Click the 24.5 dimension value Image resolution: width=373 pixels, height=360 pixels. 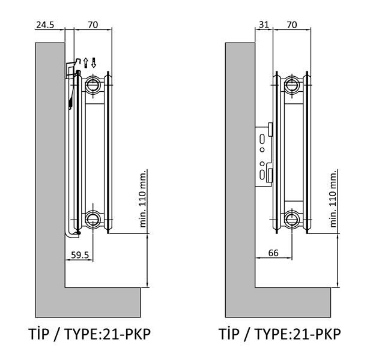tap(45, 25)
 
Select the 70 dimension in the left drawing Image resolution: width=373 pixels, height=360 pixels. tap(92, 25)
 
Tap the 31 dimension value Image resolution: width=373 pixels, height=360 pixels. tap(264, 25)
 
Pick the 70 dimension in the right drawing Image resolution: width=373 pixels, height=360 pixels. tap(292, 25)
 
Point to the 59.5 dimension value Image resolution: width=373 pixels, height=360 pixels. tap(80, 255)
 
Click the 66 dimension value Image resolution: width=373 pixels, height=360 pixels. tap(273, 253)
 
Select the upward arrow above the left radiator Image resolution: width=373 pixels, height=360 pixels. tap(86, 63)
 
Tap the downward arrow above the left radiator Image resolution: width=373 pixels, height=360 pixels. tap(94, 63)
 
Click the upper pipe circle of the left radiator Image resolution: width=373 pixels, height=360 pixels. tap(92, 85)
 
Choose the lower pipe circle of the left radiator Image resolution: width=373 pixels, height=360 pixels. tap(92, 219)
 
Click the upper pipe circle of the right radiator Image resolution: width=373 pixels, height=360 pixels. tap(292, 85)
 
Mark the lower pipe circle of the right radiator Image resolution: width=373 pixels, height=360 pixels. tap(292, 219)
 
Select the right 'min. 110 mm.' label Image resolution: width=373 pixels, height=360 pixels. tap(333, 199)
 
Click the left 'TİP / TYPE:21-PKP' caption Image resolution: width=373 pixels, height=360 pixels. tap(89, 334)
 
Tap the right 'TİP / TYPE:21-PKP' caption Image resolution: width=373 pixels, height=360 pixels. tap(280, 334)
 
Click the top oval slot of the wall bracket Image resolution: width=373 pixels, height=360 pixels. tap(262, 139)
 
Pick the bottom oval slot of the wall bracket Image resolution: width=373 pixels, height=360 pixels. tap(262, 175)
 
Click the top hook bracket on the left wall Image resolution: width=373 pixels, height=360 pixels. tap(72, 68)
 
